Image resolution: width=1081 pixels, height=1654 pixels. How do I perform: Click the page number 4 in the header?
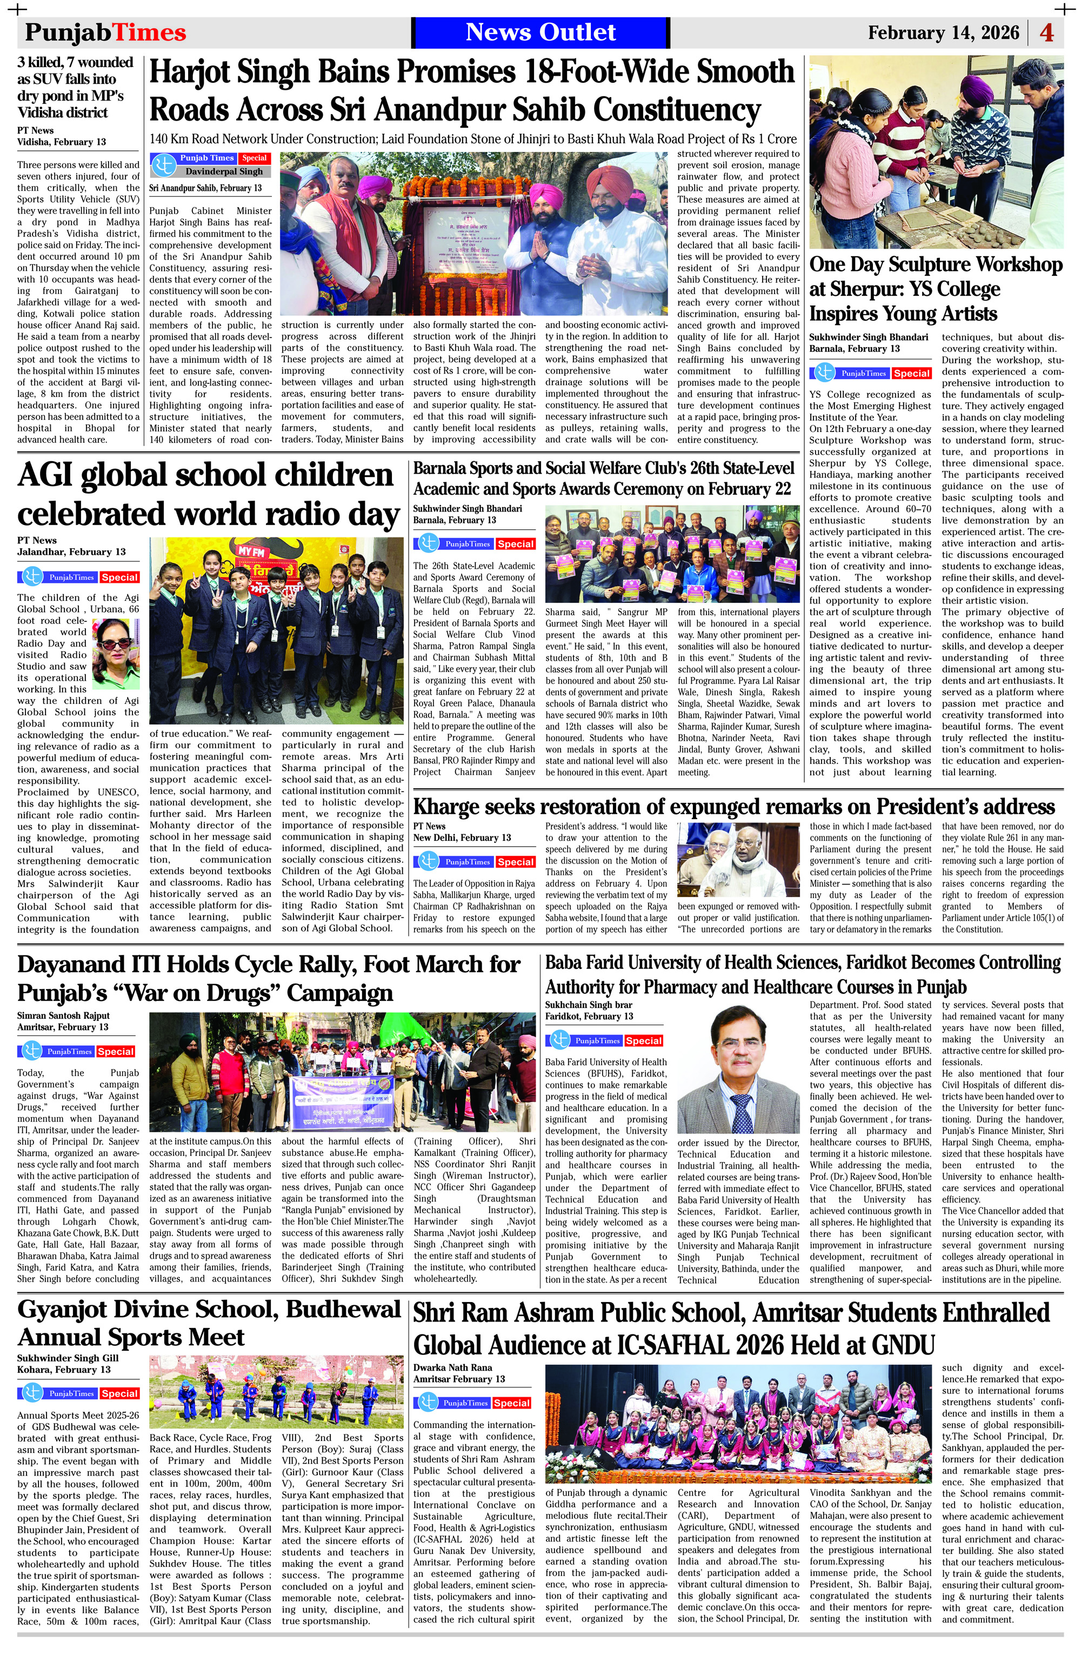click(1046, 32)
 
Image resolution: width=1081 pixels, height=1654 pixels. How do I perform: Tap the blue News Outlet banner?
click(540, 32)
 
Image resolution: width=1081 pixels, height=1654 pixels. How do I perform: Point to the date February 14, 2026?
click(943, 32)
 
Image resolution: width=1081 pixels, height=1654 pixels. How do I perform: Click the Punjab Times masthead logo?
click(105, 32)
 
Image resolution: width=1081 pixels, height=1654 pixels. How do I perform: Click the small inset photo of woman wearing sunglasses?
click(116, 653)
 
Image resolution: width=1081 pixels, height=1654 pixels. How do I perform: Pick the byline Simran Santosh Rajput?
click(63, 1015)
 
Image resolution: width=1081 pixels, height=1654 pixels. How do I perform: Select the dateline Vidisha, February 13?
click(61, 142)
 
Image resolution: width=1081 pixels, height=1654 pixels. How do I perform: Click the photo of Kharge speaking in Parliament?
click(738, 859)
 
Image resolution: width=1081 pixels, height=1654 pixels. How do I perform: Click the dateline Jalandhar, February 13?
click(71, 552)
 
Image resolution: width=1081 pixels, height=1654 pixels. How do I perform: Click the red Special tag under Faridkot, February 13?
click(643, 1040)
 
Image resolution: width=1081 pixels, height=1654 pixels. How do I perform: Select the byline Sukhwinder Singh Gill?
click(68, 1358)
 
